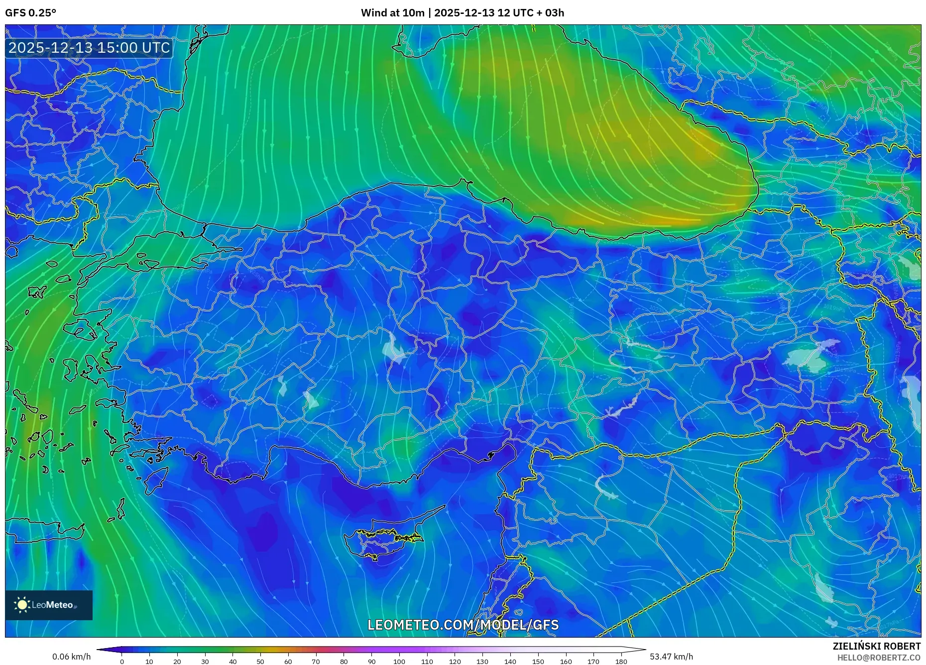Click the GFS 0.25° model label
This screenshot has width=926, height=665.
tap(30, 13)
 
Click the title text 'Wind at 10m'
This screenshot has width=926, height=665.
tap(392, 13)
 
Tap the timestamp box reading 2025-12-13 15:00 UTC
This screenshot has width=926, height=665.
tap(89, 48)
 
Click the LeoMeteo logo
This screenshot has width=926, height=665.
tap(49, 605)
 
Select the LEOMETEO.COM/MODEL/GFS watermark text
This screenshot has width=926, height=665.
tap(463, 625)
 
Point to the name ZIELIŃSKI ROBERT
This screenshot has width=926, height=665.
tap(876, 646)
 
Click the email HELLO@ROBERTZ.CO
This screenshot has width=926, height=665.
tap(879, 658)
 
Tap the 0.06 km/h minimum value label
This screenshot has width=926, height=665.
tap(72, 657)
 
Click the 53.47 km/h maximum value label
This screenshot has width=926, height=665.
tap(671, 657)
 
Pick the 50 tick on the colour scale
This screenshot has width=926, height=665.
tap(260, 661)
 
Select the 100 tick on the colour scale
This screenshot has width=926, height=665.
tap(399, 661)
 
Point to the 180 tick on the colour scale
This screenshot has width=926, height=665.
tap(621, 661)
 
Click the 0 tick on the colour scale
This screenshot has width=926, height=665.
tap(122, 661)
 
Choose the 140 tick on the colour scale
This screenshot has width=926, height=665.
tap(510, 661)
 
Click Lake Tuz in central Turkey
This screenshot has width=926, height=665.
tap(393, 348)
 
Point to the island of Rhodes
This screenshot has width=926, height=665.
tap(155, 478)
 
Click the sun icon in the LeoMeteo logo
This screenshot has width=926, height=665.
tap(22, 605)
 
